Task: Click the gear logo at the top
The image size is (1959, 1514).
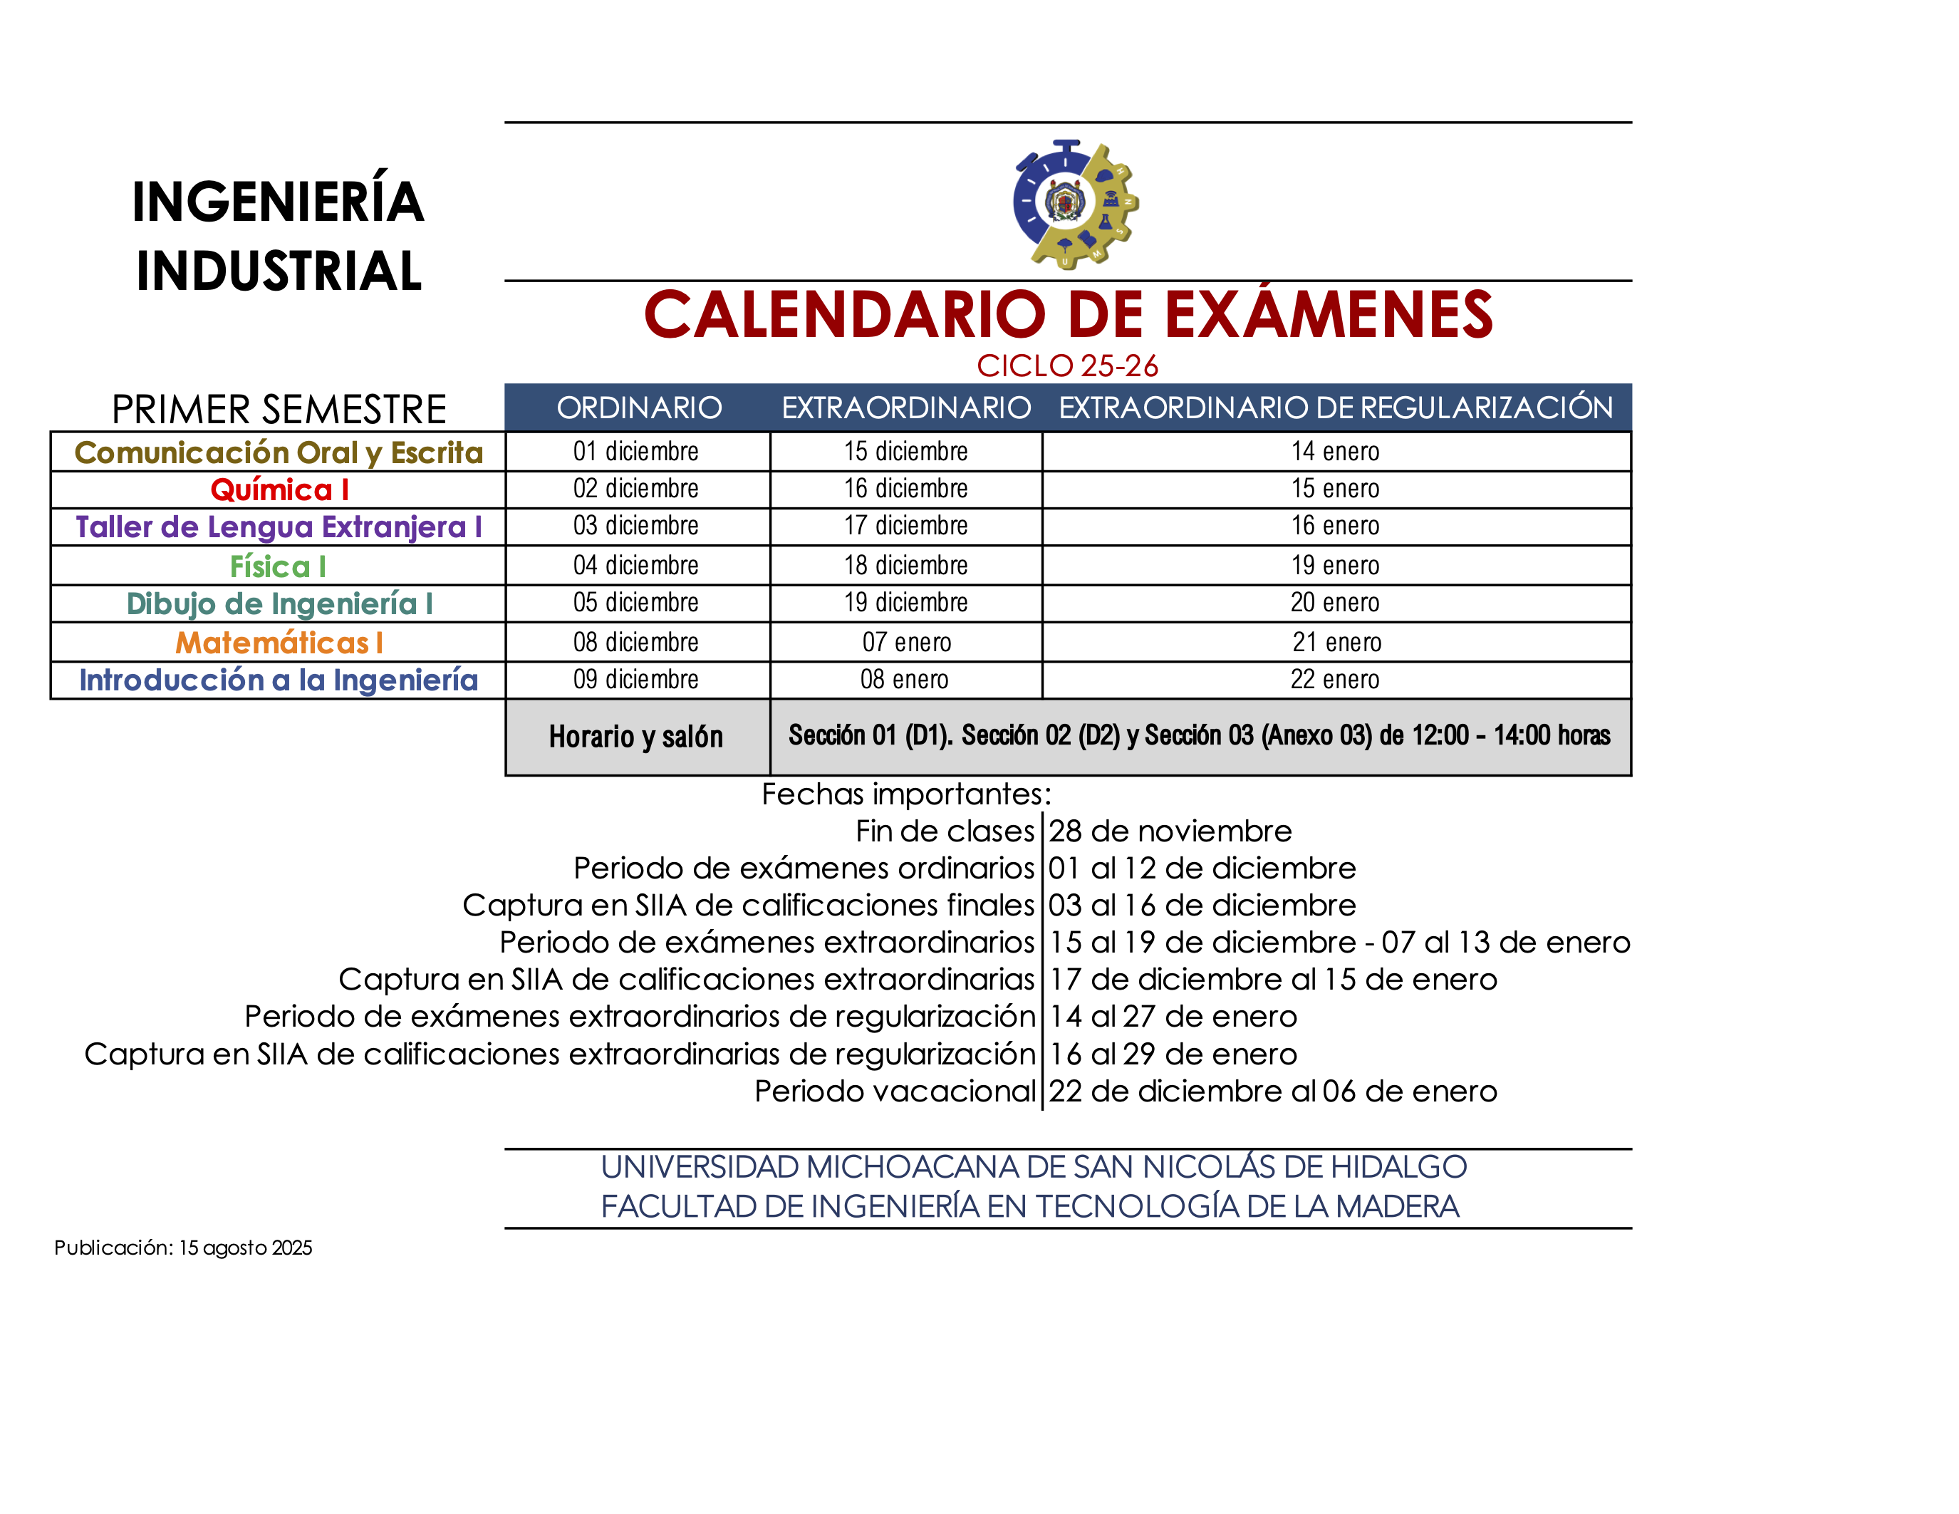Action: click(1074, 204)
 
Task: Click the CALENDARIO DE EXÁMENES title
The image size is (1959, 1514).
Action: click(1067, 315)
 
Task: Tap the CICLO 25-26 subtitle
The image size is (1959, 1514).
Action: click(1066, 366)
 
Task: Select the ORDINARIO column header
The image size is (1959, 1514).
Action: click(639, 408)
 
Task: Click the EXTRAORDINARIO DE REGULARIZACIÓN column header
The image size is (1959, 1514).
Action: click(1335, 408)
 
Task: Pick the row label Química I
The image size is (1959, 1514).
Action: click(279, 489)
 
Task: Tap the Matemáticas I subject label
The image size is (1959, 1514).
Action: click(279, 642)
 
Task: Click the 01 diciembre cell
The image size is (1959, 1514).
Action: click(636, 451)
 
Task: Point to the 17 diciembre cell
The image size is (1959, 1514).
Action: click(905, 526)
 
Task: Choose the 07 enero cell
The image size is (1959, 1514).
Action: click(906, 642)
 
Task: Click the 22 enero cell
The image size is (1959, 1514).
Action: click(1335, 680)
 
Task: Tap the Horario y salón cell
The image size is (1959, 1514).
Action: click(636, 737)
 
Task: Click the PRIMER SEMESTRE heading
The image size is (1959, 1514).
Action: click(279, 410)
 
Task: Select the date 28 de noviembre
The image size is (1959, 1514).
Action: click(1170, 831)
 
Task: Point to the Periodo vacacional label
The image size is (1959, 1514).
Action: click(894, 1092)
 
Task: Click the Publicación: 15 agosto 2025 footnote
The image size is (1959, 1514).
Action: click(183, 1248)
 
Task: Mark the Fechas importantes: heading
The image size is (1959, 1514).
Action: click(906, 794)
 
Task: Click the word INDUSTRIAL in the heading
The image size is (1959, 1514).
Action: click(279, 271)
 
